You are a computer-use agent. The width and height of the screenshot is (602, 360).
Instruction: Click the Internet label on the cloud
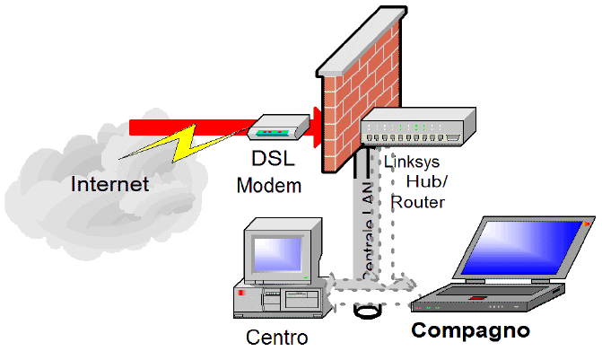[110, 186]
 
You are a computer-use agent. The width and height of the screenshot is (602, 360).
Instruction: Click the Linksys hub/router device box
[417, 129]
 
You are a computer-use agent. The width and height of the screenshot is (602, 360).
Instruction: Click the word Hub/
[425, 182]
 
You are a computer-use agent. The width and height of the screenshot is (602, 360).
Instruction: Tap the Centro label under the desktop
[276, 338]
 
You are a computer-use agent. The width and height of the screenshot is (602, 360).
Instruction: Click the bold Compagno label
[470, 330]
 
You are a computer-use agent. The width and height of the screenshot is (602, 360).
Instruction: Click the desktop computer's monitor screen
[275, 250]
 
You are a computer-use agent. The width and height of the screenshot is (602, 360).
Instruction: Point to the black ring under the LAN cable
[367, 314]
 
